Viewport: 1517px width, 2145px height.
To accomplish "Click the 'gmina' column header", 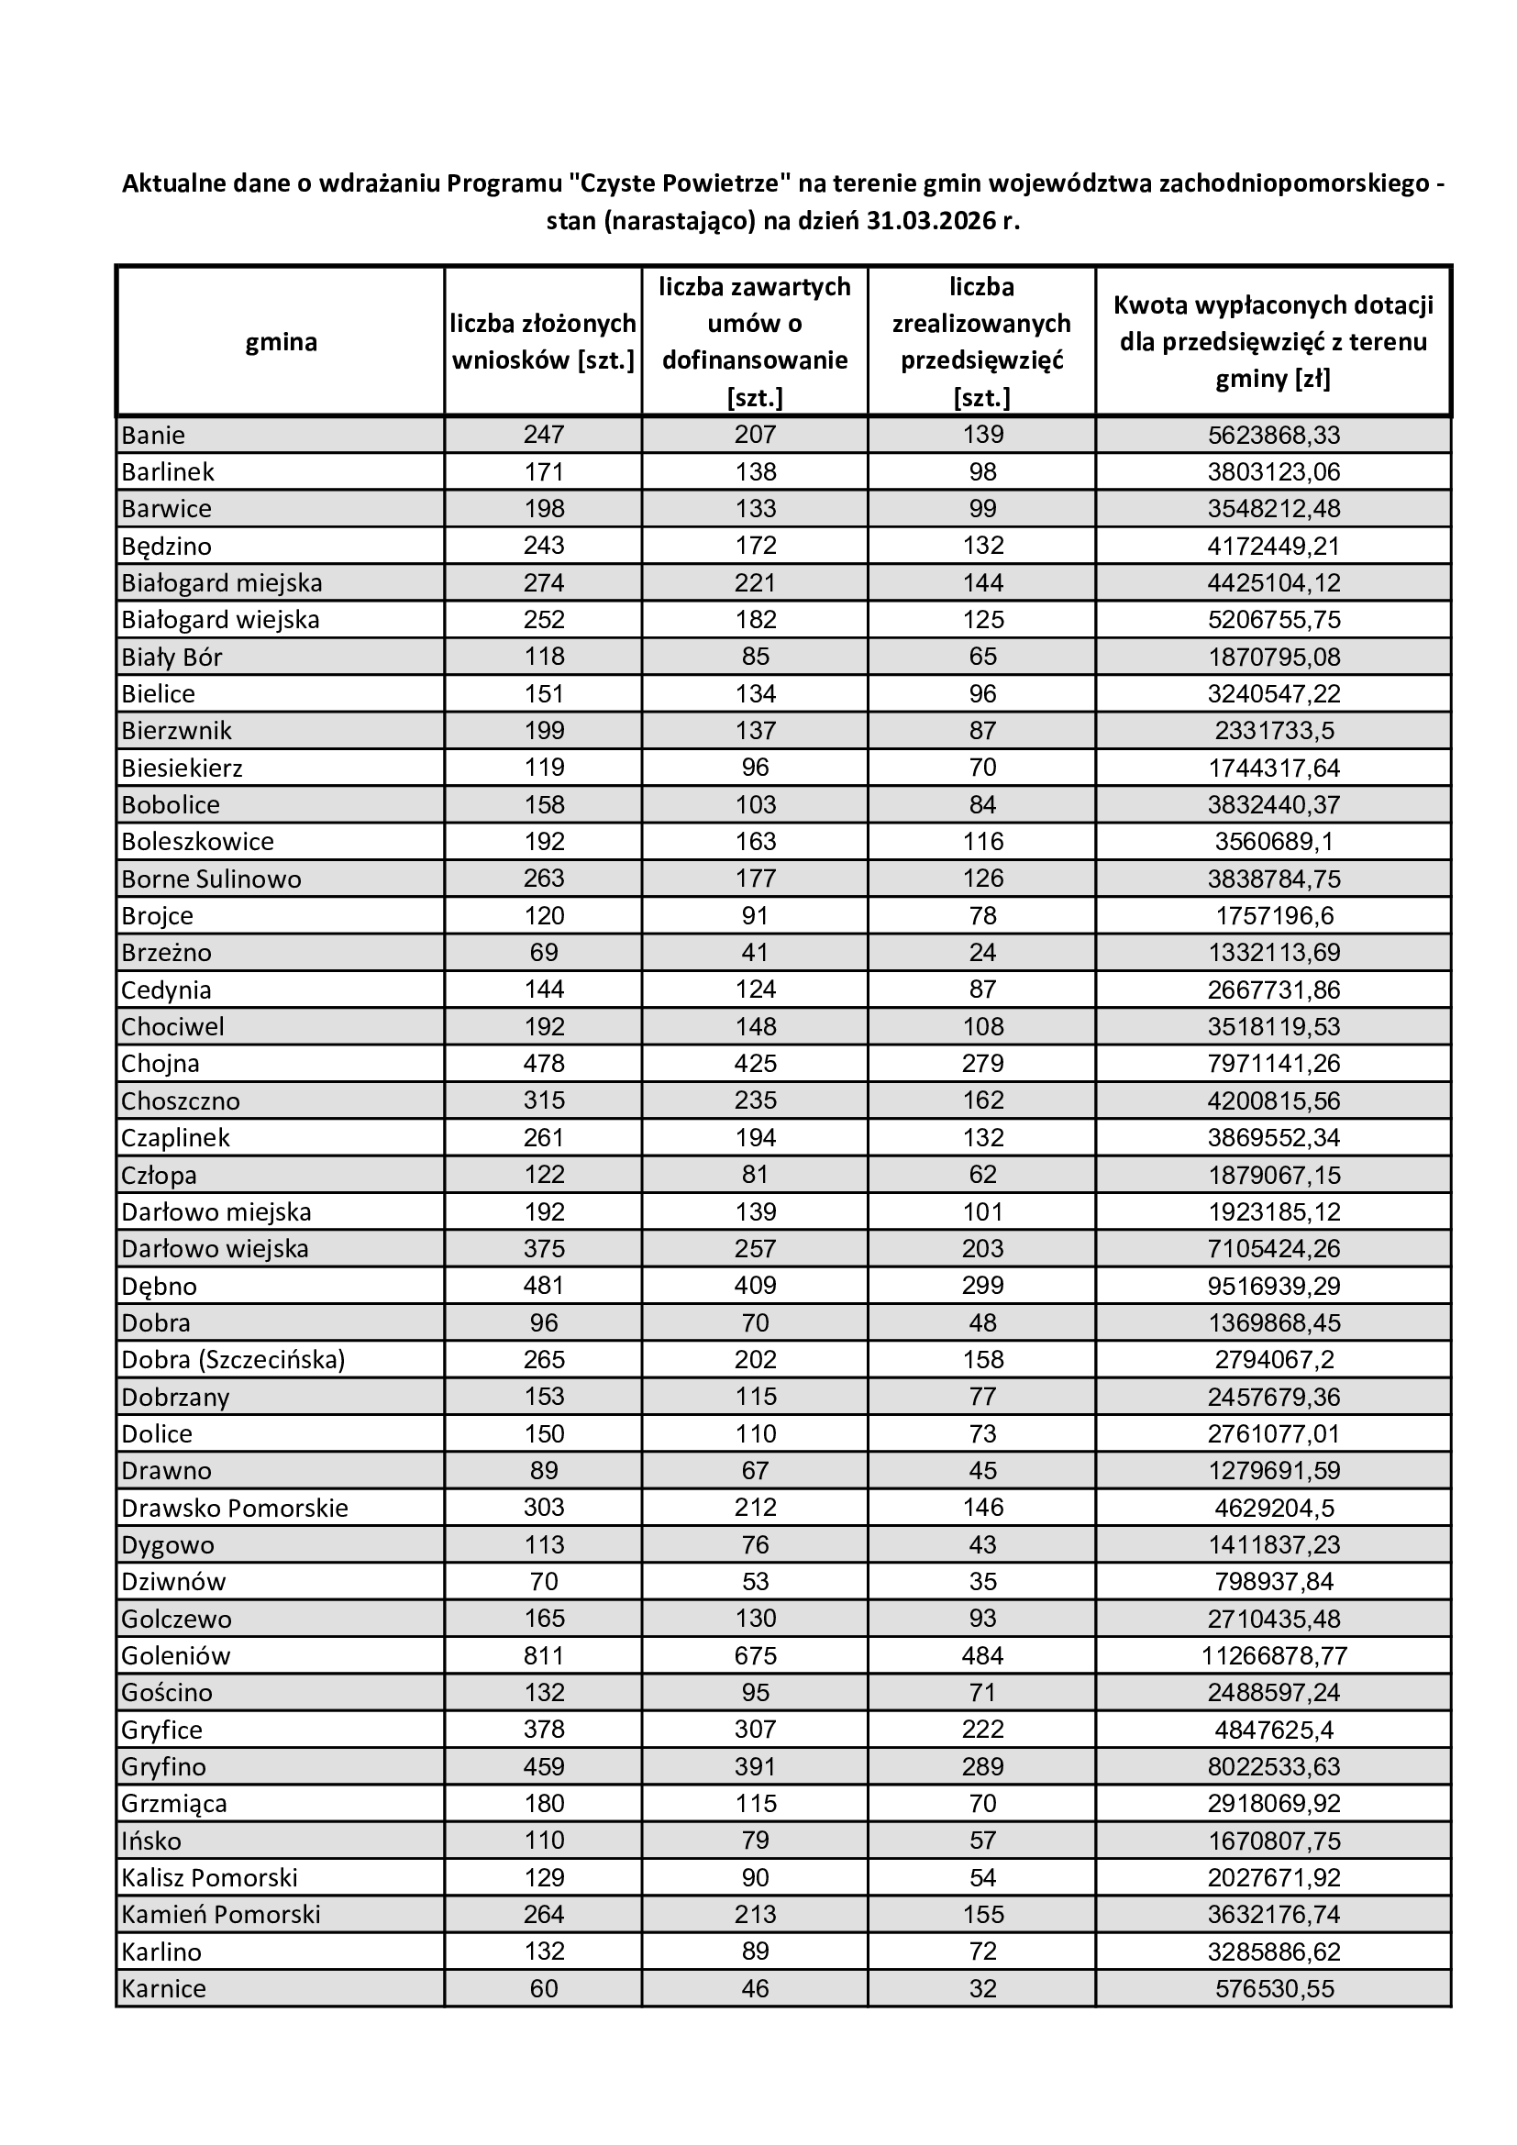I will (x=281, y=342).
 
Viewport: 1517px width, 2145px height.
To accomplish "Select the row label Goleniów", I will (x=175, y=1655).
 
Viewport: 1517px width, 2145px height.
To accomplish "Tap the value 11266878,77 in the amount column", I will (x=1273, y=1655).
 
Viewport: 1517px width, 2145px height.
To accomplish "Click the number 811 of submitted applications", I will (x=544, y=1655).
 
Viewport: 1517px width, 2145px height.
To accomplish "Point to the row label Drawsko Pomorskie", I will (x=235, y=1508).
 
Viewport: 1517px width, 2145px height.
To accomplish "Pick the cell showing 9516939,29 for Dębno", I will (x=1273, y=1286).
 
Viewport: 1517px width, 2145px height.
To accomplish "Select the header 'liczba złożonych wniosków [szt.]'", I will (x=544, y=342).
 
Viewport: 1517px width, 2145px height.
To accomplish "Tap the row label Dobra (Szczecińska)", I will (x=234, y=1359).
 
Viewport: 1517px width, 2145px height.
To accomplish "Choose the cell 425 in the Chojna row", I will (x=755, y=1063).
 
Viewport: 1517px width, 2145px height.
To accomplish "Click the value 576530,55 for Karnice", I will (x=1273, y=1988).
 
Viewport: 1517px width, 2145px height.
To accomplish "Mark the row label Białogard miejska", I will (x=221, y=583).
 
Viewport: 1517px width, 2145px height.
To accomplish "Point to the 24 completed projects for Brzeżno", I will (x=981, y=952).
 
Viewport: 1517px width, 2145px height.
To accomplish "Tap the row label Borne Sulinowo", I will (x=211, y=879).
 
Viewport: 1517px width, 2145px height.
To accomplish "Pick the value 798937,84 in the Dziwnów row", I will (x=1273, y=1582).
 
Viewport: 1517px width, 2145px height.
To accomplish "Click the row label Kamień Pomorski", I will (x=220, y=1914).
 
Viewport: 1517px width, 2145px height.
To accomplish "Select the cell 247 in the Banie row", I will (x=544, y=435).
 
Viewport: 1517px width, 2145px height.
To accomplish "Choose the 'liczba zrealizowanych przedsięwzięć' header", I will (x=981, y=342).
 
